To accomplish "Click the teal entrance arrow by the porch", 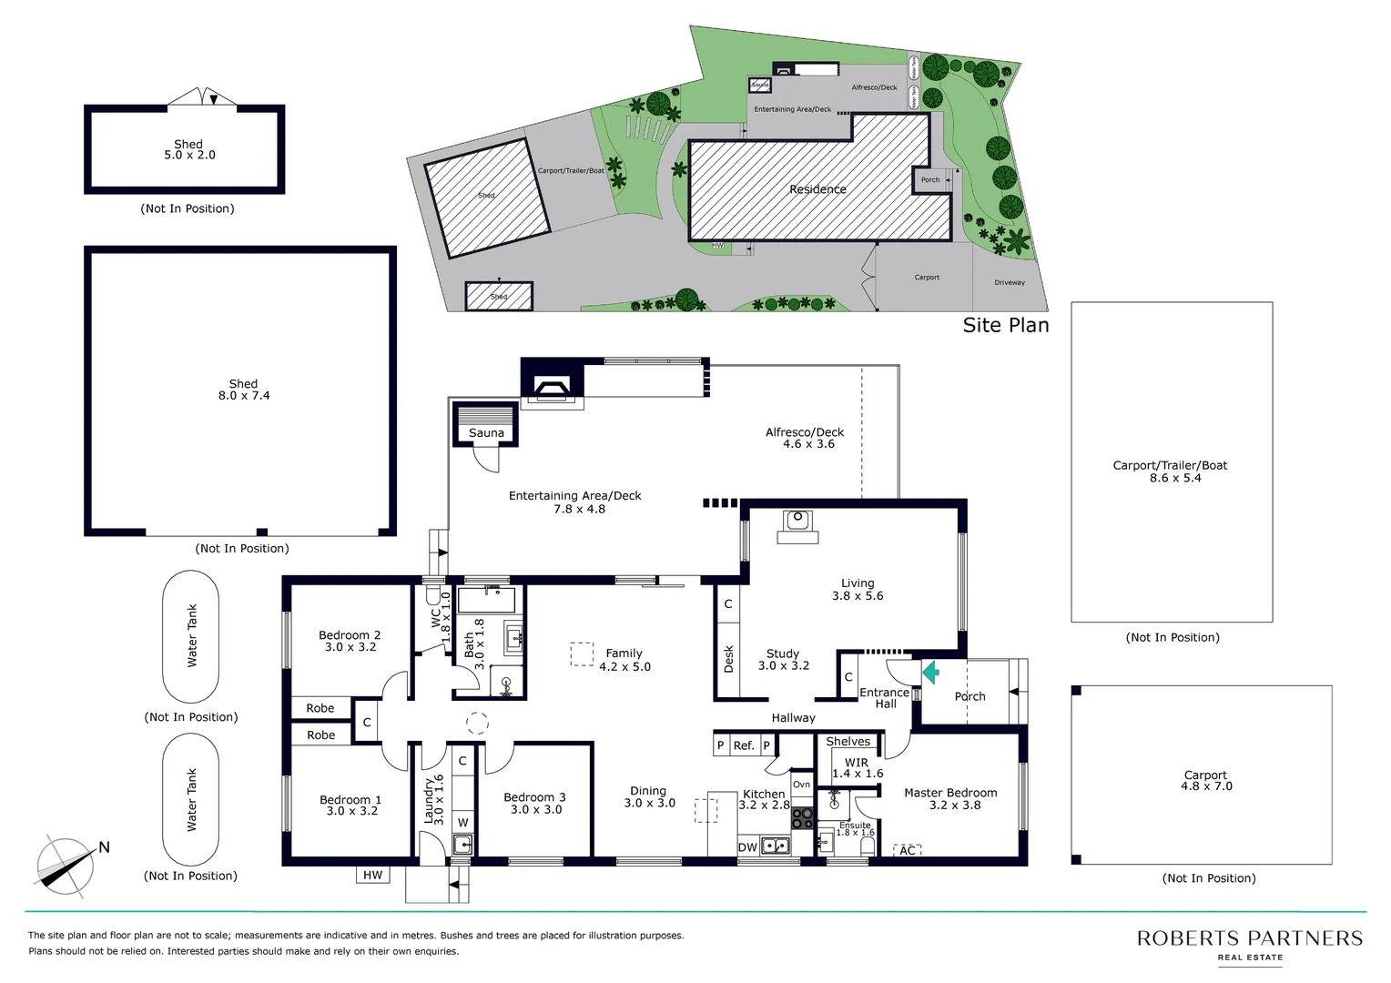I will coord(930,673).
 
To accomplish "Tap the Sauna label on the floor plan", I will coord(486,433).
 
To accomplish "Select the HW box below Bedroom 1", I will coord(373,875).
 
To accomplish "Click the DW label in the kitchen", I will coord(747,847).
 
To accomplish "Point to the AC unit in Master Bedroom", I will coord(908,850).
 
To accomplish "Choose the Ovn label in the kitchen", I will coord(801,785).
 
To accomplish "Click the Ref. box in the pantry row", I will coord(744,745).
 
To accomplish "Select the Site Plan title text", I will coord(1005,325).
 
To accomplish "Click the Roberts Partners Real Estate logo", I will coord(1249,944).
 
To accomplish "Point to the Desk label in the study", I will coord(728,660).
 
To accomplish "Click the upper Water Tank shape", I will coord(191,635).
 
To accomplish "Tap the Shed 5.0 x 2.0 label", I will coord(189,150).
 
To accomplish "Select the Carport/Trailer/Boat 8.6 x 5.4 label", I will coord(1170,471).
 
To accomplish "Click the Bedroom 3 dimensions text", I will coord(536,809).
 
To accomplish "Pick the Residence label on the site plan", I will coord(817,189).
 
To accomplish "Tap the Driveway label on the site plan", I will coord(1010,282).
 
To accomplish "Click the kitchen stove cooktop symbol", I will coord(802,817).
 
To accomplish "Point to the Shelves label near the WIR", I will coord(848,742).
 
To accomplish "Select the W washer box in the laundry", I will coord(462,822).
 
